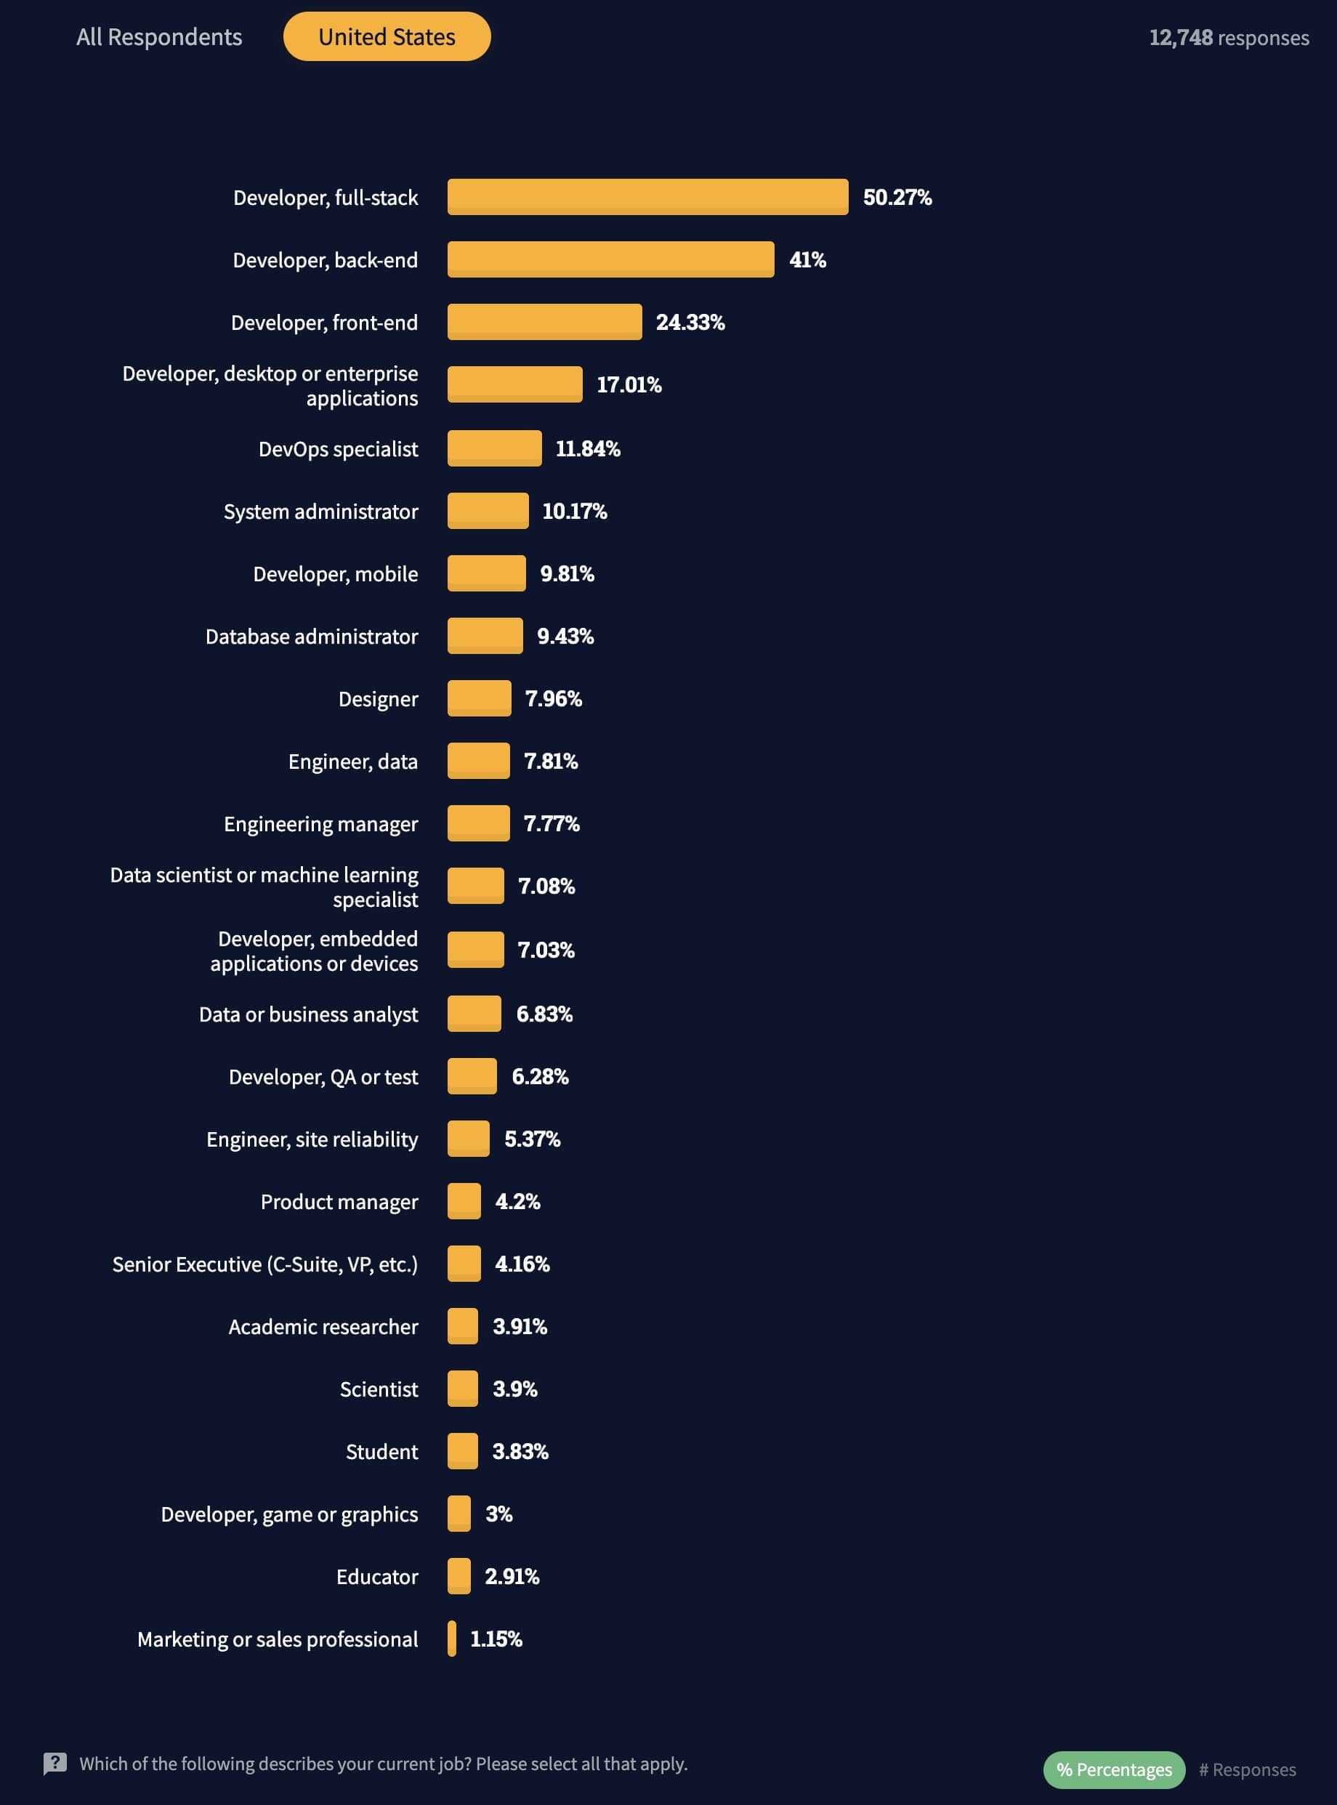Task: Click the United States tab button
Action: (387, 36)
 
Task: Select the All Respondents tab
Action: (158, 37)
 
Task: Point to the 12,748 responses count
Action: (1228, 38)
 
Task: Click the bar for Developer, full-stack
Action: (647, 197)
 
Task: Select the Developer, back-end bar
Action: (610, 259)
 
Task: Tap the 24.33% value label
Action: (690, 322)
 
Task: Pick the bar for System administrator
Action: (488, 511)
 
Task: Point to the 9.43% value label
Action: (565, 637)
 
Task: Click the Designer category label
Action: (378, 698)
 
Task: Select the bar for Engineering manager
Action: (478, 823)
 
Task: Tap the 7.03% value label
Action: (546, 950)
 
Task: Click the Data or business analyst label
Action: (308, 1014)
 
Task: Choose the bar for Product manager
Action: (464, 1201)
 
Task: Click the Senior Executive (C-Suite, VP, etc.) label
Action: (264, 1264)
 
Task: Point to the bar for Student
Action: (462, 1450)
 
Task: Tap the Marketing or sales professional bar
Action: (452, 1639)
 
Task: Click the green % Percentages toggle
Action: (1114, 1769)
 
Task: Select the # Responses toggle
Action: (1246, 1769)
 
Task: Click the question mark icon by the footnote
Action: (55, 1763)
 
